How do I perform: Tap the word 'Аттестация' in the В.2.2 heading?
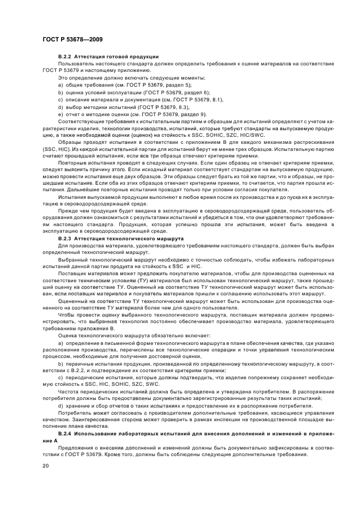(90, 57)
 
